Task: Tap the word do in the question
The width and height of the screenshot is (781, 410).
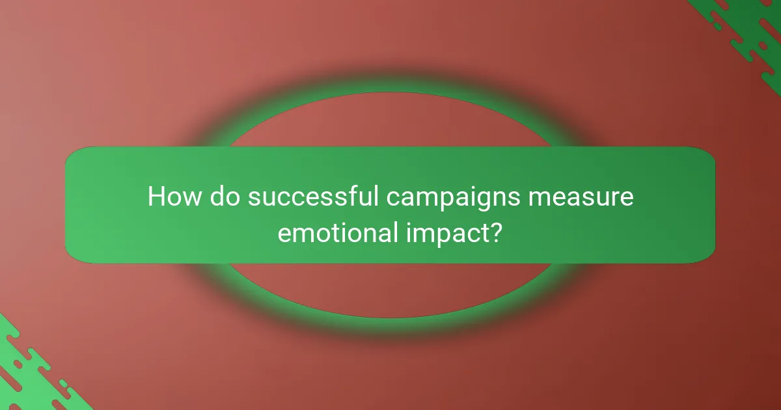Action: [225, 197]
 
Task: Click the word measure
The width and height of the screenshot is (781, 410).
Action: [581, 197]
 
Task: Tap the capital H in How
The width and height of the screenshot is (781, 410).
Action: [156, 197]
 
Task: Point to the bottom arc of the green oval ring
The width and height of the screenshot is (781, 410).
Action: [390, 311]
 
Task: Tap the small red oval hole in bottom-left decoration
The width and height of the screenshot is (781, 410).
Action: [18, 364]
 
